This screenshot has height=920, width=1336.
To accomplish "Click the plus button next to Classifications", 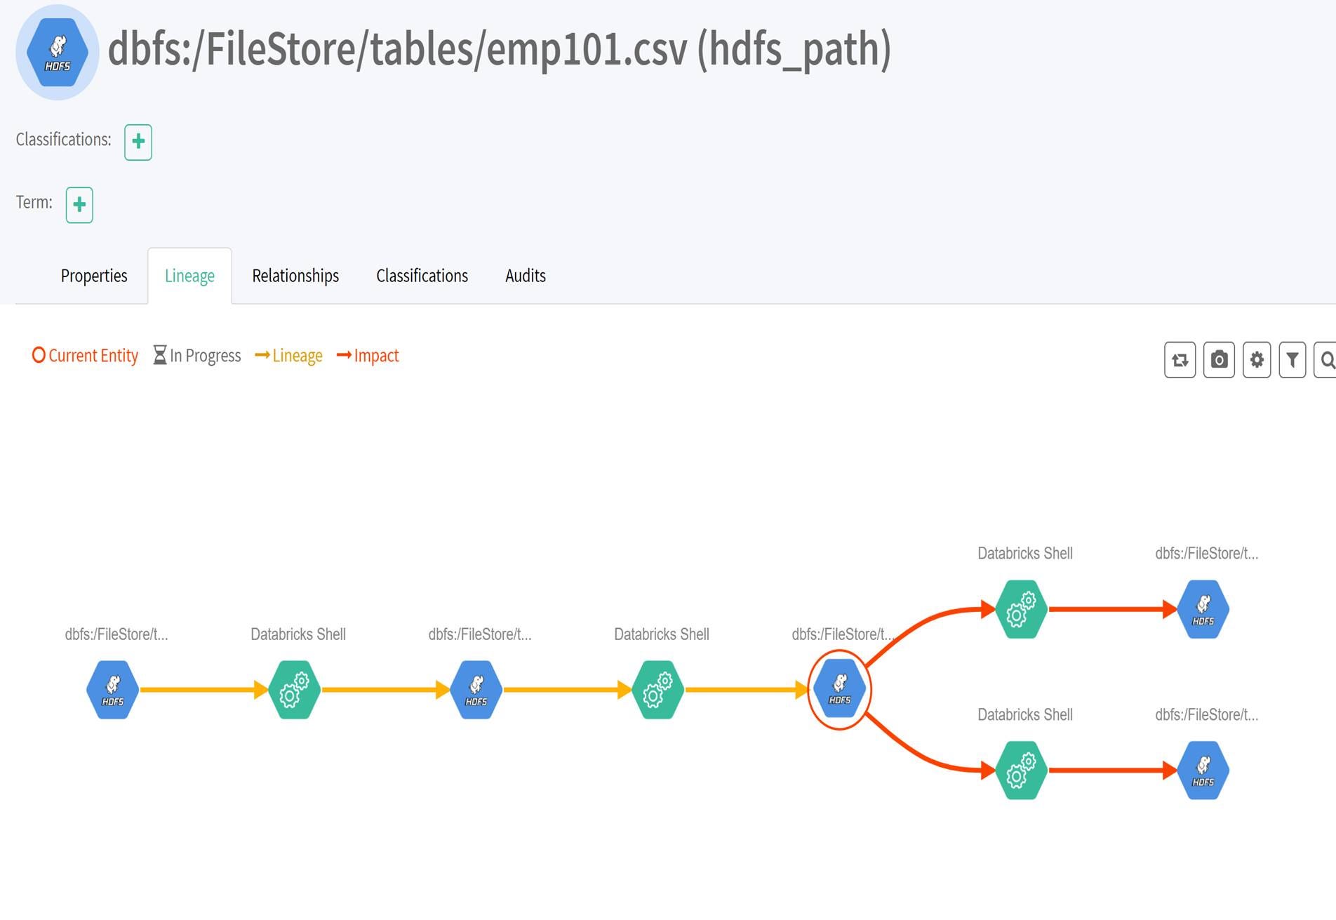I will pyautogui.click(x=138, y=142).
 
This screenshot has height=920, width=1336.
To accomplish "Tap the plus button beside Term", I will pyautogui.click(x=79, y=205).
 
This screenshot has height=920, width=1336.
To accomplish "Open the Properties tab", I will pyautogui.click(x=94, y=276).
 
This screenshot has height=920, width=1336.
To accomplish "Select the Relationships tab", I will pyautogui.click(x=295, y=276).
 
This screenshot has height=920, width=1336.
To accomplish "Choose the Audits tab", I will pyautogui.click(x=526, y=276).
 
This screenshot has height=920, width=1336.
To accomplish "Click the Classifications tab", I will pyautogui.click(x=422, y=276).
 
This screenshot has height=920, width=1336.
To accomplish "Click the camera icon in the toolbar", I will pyautogui.click(x=1219, y=360).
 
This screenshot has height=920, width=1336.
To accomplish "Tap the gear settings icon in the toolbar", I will pyautogui.click(x=1257, y=360).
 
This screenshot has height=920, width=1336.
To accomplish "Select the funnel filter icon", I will pyautogui.click(x=1292, y=360).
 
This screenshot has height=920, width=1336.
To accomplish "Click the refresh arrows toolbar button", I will pyautogui.click(x=1180, y=360).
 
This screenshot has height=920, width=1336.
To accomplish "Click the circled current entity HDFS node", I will pyautogui.click(x=839, y=690).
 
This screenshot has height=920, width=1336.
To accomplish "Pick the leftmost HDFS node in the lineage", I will pyautogui.click(x=112, y=690).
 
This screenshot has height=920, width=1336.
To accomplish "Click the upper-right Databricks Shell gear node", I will pyautogui.click(x=1022, y=609).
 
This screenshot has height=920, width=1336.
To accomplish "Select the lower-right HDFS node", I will pyautogui.click(x=1203, y=771).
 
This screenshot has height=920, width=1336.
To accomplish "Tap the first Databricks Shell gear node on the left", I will pyautogui.click(x=295, y=690).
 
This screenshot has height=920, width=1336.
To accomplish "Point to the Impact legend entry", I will pyautogui.click(x=368, y=356).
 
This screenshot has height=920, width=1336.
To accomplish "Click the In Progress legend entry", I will pyautogui.click(x=197, y=356).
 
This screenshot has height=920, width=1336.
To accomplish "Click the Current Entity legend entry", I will pyautogui.click(x=86, y=356).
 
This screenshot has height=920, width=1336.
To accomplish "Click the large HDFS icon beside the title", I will pyautogui.click(x=58, y=53).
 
